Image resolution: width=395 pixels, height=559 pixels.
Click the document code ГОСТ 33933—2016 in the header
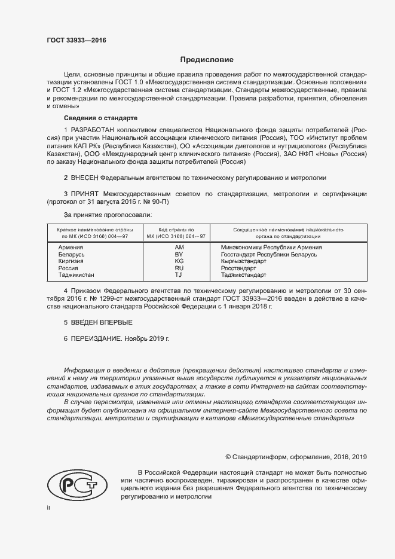pos(76,41)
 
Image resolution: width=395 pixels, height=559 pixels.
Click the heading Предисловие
pos(207,60)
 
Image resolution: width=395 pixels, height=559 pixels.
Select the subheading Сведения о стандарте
pos(100,118)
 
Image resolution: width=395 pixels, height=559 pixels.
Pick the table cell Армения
pos(71,247)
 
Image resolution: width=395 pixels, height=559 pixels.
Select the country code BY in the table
pos(179,254)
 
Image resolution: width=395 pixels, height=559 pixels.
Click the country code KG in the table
pos(179,261)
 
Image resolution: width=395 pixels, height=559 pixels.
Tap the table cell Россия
pos(68,268)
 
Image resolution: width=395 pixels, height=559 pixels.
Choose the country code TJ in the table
pos(179,275)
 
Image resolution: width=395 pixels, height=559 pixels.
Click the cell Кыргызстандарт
pos(244,261)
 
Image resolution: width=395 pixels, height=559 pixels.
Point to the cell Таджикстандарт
pos(244,275)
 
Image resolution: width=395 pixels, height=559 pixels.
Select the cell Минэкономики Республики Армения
pos(271,247)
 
